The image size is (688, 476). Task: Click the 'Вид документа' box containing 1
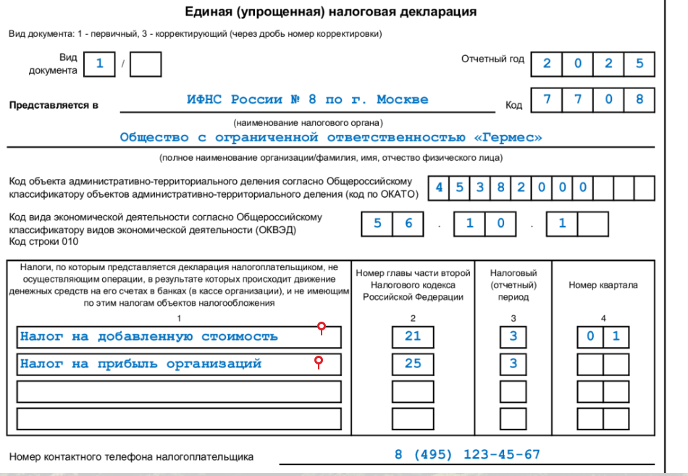coord(100,64)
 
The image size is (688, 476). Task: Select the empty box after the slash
coord(147,64)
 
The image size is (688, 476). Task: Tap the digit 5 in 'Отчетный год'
coord(639,63)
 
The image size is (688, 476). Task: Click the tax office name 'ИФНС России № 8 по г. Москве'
coord(307,99)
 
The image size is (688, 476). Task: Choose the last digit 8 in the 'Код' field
coord(639,99)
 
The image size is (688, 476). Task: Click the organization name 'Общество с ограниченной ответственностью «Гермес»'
coord(330,137)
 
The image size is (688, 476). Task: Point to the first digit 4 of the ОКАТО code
coord(438,187)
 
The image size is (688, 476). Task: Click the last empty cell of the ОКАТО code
coord(644,187)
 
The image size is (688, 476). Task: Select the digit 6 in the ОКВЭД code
coord(408,223)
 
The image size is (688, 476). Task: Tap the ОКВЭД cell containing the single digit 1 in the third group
coord(562,223)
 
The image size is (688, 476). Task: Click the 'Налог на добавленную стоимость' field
coord(178,336)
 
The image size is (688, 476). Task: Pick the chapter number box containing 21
coord(413,336)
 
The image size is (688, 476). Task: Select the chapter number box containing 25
coord(413,363)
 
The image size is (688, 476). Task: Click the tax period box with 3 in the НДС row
coord(513,336)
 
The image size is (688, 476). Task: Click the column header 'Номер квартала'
coord(603,285)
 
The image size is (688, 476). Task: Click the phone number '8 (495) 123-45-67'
coord(467,455)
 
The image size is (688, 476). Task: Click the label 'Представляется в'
coord(54,105)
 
